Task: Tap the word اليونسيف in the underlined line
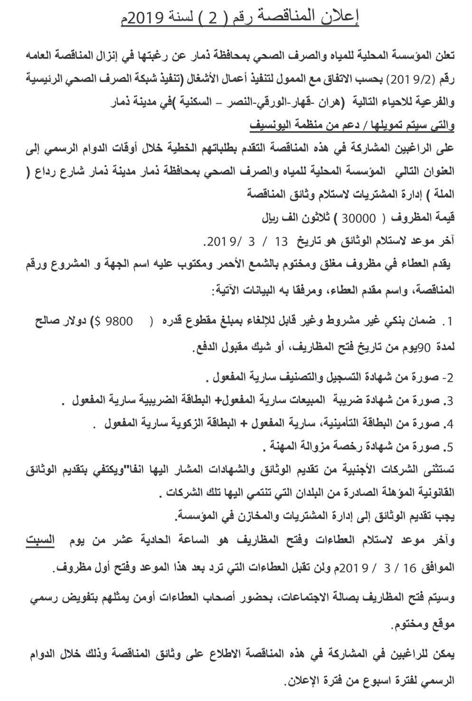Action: coord(271,127)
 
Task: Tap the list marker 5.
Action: coord(449,447)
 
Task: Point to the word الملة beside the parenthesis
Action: coord(437,193)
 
